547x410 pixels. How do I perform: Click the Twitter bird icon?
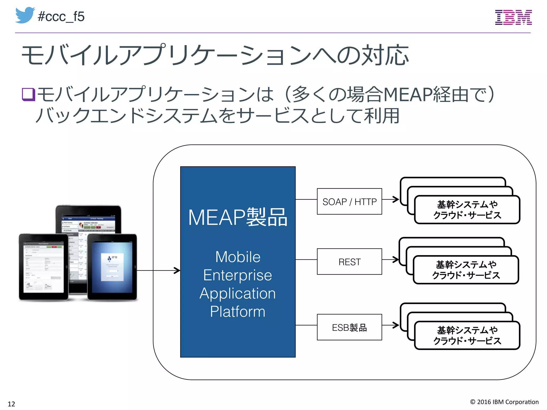point(25,15)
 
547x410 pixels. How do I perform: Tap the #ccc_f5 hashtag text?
point(61,17)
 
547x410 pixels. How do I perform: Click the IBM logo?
point(513,17)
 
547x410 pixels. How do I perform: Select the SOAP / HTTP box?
point(349,202)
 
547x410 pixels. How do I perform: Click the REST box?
point(349,262)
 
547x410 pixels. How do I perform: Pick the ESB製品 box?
point(349,327)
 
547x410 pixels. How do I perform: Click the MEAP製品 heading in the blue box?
point(238,217)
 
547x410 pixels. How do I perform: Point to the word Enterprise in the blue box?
point(237,275)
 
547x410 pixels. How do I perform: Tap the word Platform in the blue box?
point(237,312)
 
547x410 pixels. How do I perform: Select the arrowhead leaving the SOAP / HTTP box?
point(396,199)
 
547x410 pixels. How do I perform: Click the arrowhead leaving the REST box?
point(396,259)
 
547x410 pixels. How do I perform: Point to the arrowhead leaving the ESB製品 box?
point(396,325)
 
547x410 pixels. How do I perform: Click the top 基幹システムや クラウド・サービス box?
point(467,210)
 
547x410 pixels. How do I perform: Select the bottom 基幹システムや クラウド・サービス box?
point(467,336)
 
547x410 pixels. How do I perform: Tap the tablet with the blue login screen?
point(112,267)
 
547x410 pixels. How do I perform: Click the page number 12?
point(11,404)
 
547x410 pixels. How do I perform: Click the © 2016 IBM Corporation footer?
point(504,402)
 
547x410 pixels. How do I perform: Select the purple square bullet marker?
point(28,94)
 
